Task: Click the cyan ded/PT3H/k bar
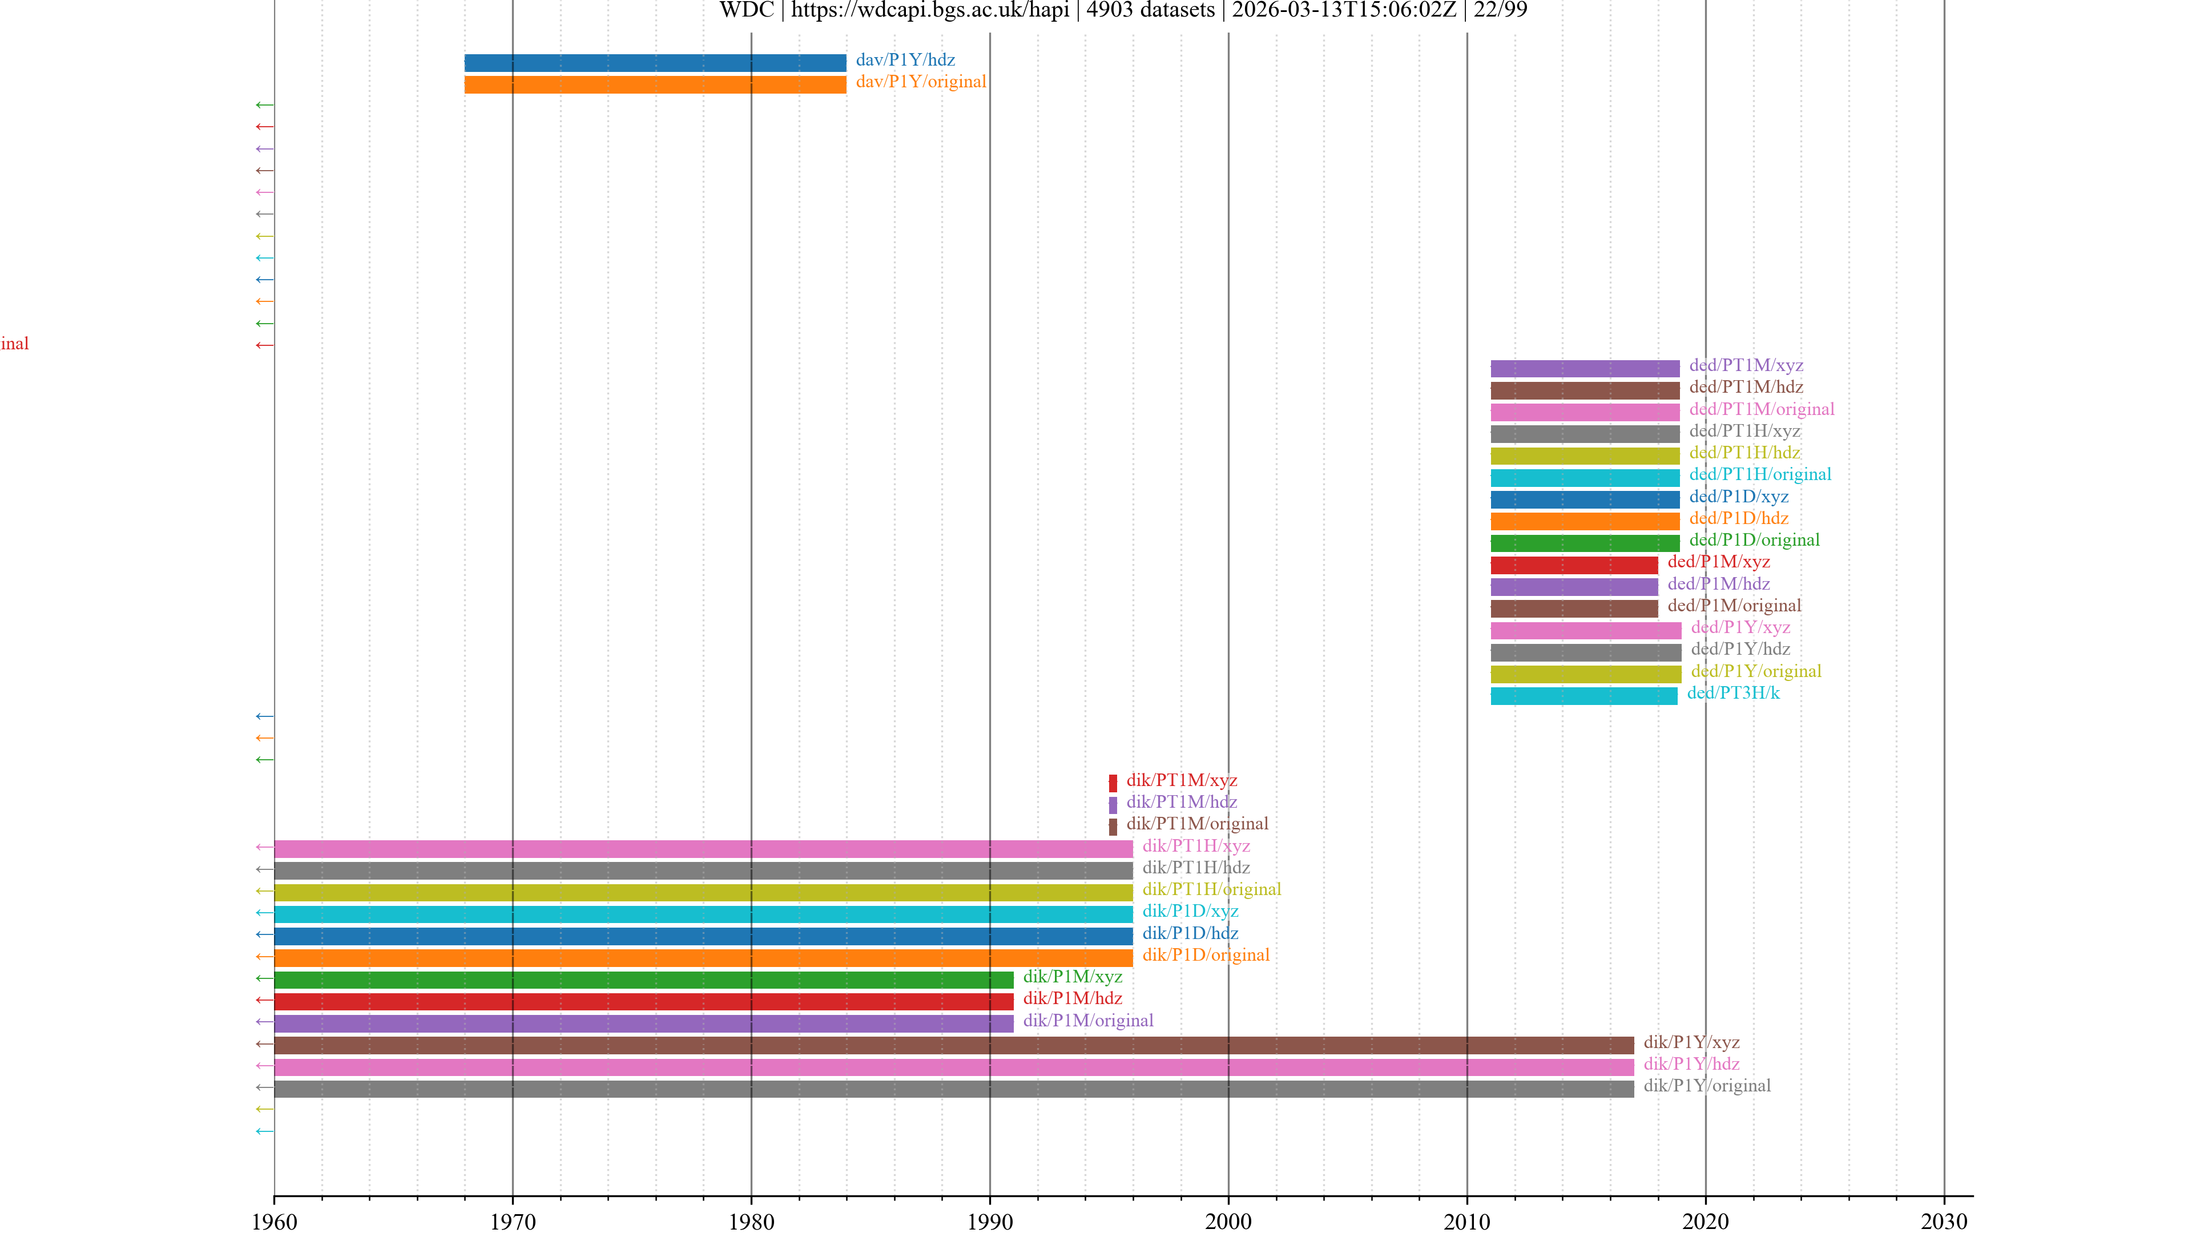[x=1583, y=696]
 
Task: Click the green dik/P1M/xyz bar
[x=643, y=980]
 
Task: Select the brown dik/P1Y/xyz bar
[x=953, y=1045]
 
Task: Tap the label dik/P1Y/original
[x=1706, y=1086]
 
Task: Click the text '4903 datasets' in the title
[x=1150, y=10]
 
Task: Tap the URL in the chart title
[x=929, y=10]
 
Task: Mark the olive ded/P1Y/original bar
[x=1585, y=674]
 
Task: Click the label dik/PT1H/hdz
[x=1195, y=868]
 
